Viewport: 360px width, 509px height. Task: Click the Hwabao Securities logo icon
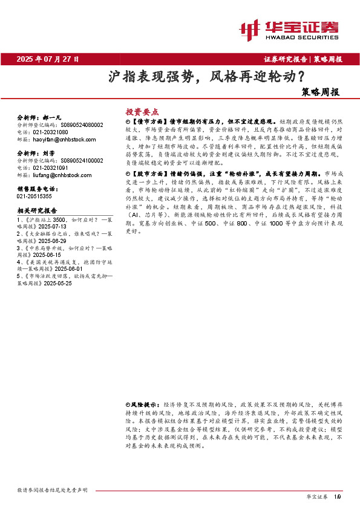point(251,28)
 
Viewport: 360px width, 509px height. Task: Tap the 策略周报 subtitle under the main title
point(321,92)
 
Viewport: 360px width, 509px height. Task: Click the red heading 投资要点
point(142,112)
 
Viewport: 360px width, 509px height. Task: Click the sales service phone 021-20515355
point(34,196)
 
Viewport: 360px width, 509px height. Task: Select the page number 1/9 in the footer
point(338,496)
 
